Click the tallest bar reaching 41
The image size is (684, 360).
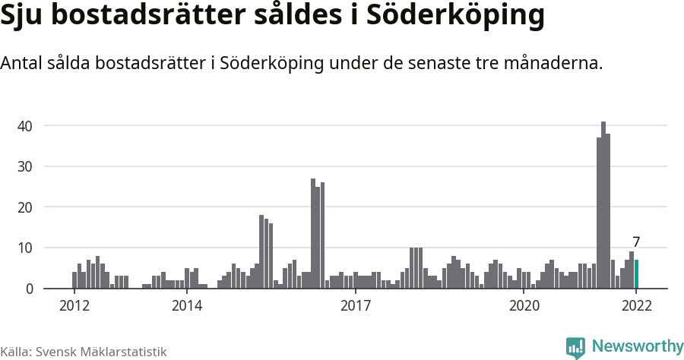pyautogui.click(x=603, y=205)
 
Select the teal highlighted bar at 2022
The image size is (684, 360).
pyautogui.click(x=636, y=274)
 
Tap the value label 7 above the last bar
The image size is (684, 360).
pyautogui.click(x=636, y=242)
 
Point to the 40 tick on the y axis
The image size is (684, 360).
pyautogui.click(x=26, y=125)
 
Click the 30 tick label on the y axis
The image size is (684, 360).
pyautogui.click(x=26, y=166)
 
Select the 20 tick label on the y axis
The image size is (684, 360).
pyautogui.click(x=26, y=207)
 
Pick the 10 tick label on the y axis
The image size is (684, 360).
pyautogui.click(x=26, y=248)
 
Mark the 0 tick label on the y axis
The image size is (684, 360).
pyautogui.click(x=30, y=289)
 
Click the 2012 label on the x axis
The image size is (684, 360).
pyautogui.click(x=74, y=306)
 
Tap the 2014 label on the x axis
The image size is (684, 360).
pyautogui.click(x=186, y=306)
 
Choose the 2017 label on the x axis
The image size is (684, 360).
pyautogui.click(x=355, y=306)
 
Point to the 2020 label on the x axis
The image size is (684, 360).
pyautogui.click(x=524, y=306)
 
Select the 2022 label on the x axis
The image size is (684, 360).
pyautogui.click(x=636, y=306)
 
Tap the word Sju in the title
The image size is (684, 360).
pyautogui.click(x=21, y=17)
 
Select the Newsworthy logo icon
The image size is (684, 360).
pyautogui.click(x=575, y=347)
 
